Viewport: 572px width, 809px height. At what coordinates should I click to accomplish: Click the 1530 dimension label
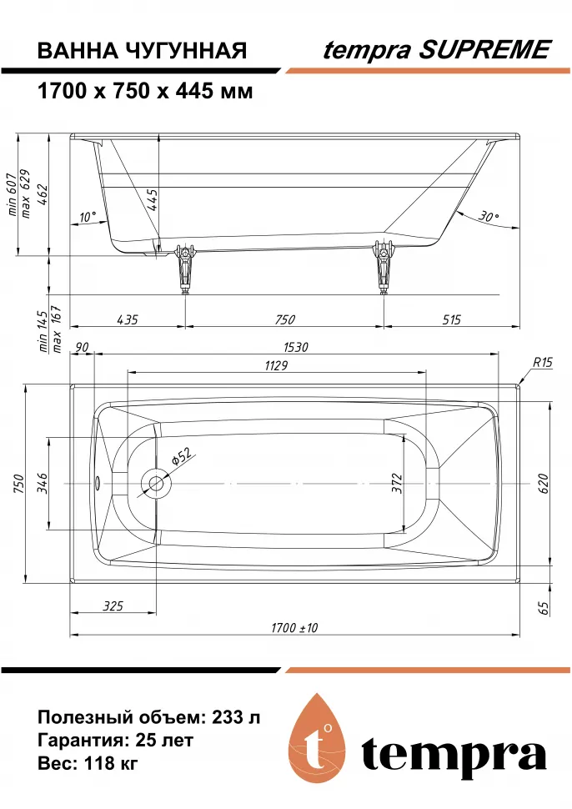click(295, 347)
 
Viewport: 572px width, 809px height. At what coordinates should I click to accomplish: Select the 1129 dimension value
click(276, 366)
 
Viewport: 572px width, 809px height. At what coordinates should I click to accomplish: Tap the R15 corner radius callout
click(543, 363)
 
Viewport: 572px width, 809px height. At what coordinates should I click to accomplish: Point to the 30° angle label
click(487, 217)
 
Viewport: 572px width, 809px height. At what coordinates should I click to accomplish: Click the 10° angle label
click(88, 217)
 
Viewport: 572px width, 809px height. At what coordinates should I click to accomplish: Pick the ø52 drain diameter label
click(181, 456)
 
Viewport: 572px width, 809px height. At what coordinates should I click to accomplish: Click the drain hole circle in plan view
click(156, 484)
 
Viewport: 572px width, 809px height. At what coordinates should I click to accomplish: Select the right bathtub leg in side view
click(383, 267)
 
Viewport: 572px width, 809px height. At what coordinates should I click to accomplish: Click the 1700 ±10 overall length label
click(294, 628)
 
